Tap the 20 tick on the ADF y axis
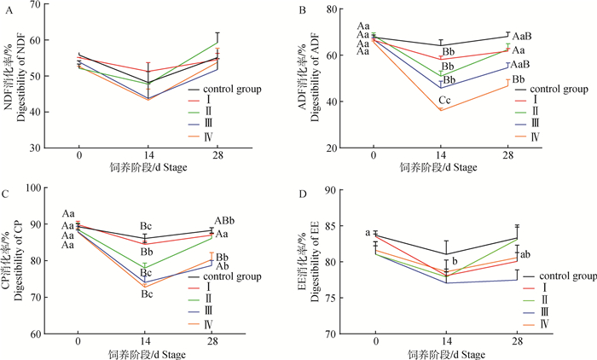(334, 148)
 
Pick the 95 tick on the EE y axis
(334, 187)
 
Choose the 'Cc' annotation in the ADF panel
(445, 100)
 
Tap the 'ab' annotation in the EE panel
(527, 254)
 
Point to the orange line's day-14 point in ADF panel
(440, 110)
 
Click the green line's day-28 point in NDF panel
(218, 43)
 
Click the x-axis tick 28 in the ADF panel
(508, 158)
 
